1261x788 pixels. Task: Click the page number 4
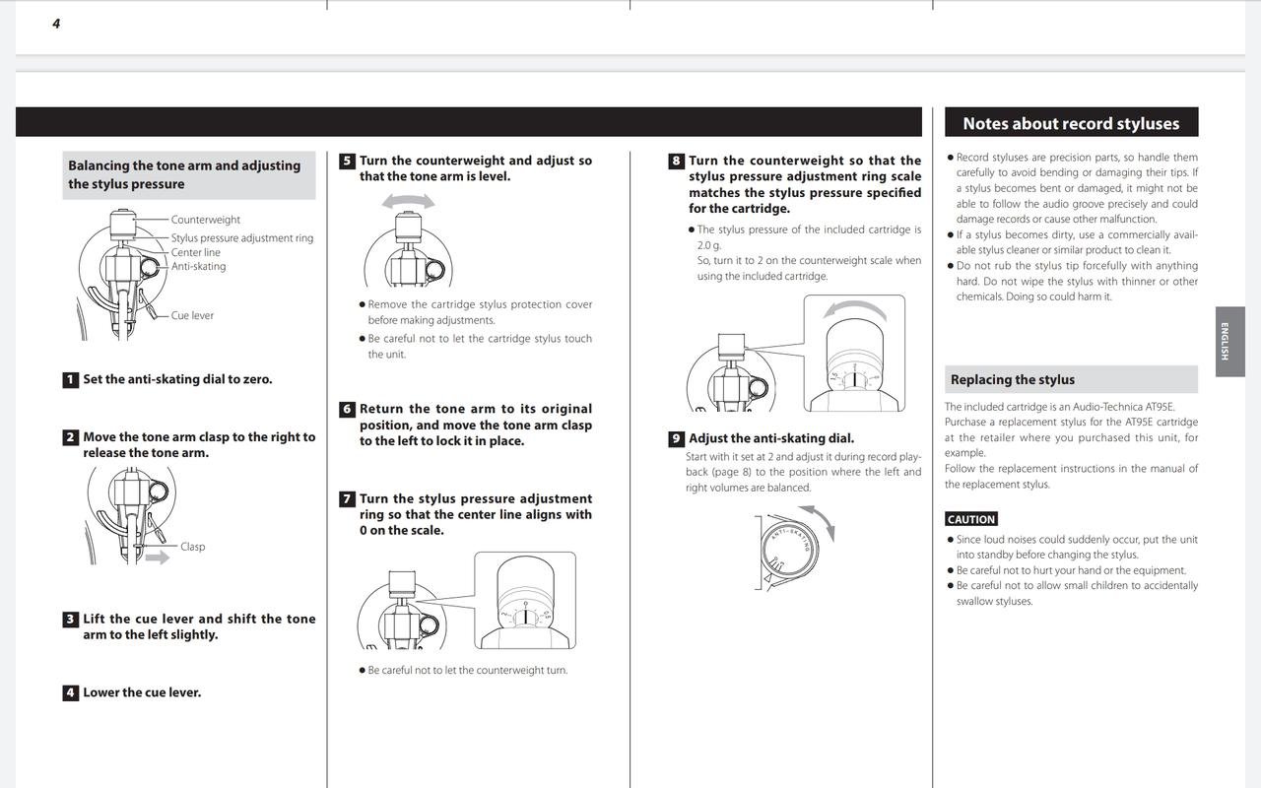[56, 24]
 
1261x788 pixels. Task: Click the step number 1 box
[70, 380]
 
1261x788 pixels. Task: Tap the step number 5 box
[347, 162]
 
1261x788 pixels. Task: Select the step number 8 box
[676, 162]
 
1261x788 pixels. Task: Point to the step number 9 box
[676, 439]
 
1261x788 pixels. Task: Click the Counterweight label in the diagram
[205, 220]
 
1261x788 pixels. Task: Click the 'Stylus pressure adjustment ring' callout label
[241, 238]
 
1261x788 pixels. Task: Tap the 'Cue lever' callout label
[192, 316]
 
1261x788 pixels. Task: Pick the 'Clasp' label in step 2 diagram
[192, 547]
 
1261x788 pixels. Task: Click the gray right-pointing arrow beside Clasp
[157, 558]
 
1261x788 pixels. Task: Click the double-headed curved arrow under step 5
[408, 201]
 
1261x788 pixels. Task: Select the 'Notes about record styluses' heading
[1071, 123]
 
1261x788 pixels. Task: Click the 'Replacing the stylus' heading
[1012, 380]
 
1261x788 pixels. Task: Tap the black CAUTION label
[971, 519]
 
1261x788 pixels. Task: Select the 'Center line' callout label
[195, 253]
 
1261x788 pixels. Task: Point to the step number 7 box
[347, 499]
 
